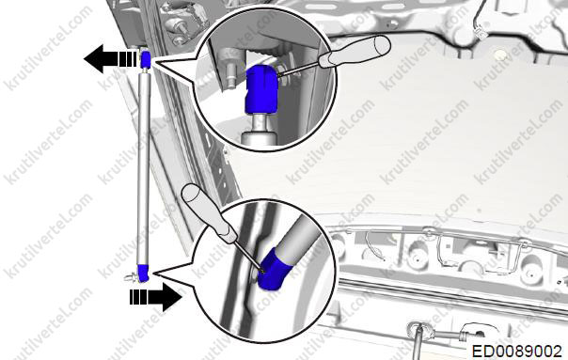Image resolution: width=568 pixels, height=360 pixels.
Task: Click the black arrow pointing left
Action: [110, 59]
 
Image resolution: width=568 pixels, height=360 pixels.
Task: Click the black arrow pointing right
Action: [156, 297]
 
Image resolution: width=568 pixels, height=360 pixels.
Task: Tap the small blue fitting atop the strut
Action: [146, 59]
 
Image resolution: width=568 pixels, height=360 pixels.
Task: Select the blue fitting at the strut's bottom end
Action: [143, 273]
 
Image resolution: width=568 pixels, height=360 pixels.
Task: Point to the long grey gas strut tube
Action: [144, 168]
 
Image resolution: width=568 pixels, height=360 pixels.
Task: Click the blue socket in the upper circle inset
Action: [261, 89]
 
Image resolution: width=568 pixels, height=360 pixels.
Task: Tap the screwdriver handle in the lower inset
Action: [209, 212]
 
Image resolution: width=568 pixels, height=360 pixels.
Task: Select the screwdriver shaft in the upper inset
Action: [299, 69]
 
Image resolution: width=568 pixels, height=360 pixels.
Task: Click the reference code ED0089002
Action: [517, 352]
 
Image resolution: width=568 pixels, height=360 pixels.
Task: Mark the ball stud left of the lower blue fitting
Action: [131, 277]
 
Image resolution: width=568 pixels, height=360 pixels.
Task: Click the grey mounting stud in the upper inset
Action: [228, 70]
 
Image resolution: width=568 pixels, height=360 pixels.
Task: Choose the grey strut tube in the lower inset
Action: [297, 235]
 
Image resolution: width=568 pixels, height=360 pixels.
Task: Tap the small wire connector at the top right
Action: [480, 32]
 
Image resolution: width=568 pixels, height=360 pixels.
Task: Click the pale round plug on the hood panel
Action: [500, 55]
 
